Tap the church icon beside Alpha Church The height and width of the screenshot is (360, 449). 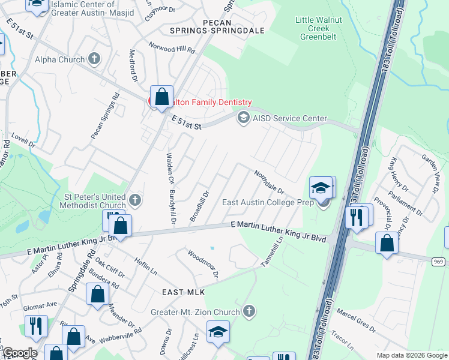point(94,59)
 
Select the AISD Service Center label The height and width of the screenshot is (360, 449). point(289,118)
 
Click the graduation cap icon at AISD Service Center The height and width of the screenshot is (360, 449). point(243,118)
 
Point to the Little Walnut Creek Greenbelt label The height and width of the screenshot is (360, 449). point(319,28)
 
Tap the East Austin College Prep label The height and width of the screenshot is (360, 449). point(268,202)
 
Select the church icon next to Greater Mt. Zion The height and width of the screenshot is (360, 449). point(249,311)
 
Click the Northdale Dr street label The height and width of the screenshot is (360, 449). point(268,182)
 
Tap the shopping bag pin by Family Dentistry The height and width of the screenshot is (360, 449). point(161,97)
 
